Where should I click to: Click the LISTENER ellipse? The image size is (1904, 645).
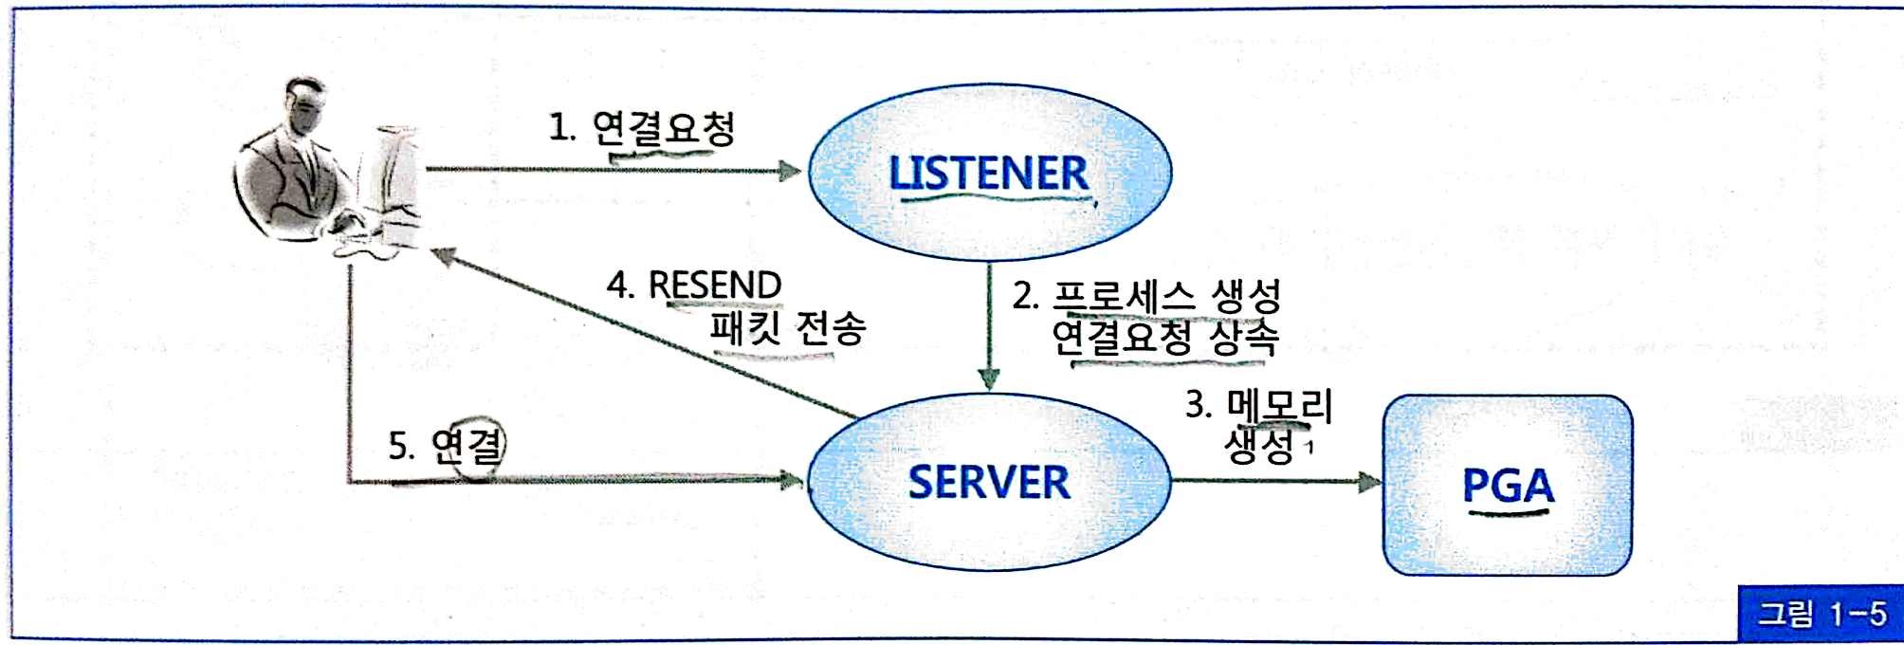pos(989,173)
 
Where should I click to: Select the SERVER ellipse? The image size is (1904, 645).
pos(989,482)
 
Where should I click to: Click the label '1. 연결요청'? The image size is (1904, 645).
pos(643,128)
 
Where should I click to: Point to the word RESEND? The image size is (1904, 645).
pos(715,285)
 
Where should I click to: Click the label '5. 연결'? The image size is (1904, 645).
pos(446,445)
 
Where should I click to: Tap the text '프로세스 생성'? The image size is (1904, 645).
pos(1166,296)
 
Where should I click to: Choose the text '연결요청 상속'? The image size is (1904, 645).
pos(1164,338)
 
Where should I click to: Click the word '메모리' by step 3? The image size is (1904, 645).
pos(1280,406)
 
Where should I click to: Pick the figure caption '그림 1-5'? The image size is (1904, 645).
pos(1822,614)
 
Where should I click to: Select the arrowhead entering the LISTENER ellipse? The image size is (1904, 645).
pos(790,172)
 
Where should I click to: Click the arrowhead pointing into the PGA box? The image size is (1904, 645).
pos(1369,482)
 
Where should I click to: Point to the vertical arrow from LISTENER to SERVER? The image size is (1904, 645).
pos(989,322)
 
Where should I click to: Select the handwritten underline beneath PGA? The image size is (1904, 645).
pos(1508,514)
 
